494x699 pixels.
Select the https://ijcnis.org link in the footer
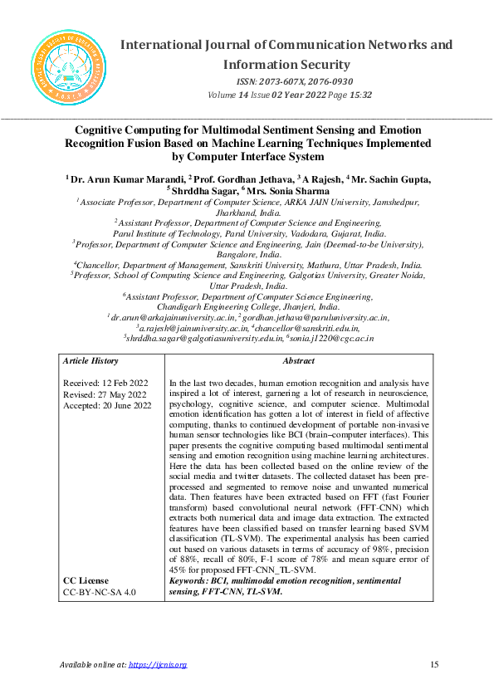[x=158, y=664]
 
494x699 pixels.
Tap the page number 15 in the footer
[x=434, y=664]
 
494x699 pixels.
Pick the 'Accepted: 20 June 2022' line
[x=107, y=406]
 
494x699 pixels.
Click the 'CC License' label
[x=86, y=581]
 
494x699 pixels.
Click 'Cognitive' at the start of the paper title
[x=105, y=130]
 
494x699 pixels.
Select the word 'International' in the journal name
[x=169, y=44]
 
